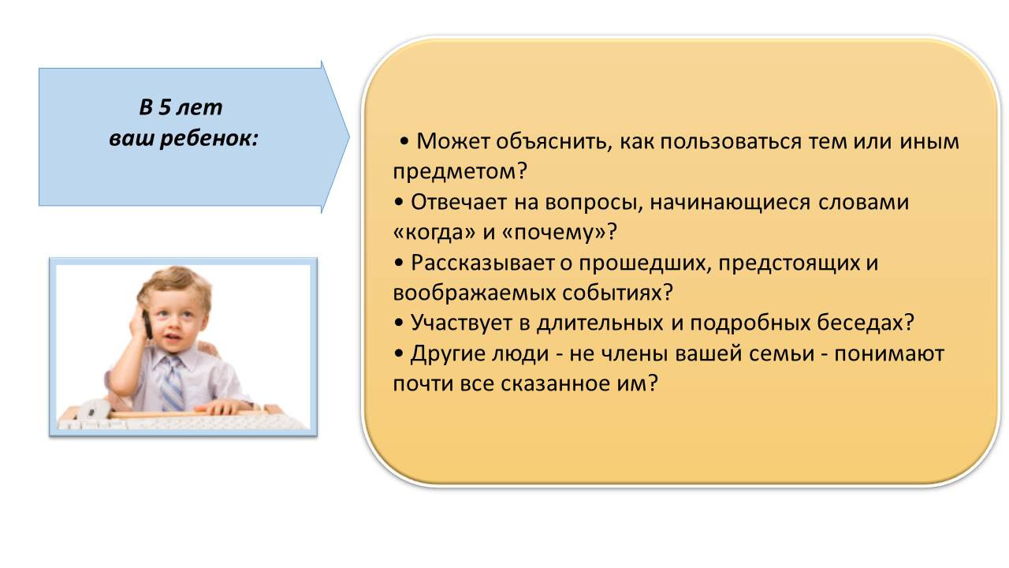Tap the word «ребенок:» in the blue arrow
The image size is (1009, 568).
(x=209, y=138)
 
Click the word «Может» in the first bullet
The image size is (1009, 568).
(x=452, y=141)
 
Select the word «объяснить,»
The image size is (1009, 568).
(x=554, y=142)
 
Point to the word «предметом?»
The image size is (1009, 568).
(x=460, y=172)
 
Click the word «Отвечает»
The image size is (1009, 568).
(x=459, y=202)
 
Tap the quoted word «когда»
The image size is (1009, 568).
(x=434, y=233)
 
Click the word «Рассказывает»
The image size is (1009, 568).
(x=482, y=263)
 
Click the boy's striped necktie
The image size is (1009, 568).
(x=173, y=383)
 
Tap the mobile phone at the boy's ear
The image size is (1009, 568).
(x=147, y=323)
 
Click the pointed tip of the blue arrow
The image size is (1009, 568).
(x=349, y=137)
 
